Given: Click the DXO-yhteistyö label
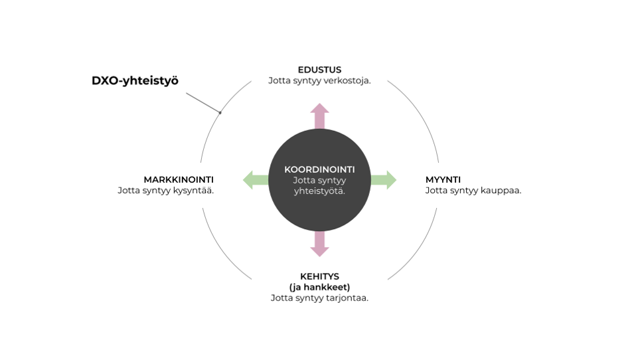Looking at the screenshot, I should [x=135, y=80].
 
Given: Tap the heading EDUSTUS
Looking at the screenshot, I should [x=319, y=70].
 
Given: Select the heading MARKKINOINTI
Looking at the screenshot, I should [x=179, y=179].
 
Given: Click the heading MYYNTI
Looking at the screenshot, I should [x=443, y=179].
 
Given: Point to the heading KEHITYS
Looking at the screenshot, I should [x=319, y=276].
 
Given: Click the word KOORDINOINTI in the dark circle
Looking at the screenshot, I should [x=319, y=169].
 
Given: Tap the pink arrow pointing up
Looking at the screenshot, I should [x=320, y=115].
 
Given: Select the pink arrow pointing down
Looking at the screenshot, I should [x=320, y=245].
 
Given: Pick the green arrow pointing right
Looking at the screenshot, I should [x=385, y=179].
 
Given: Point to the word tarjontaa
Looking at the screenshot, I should [x=347, y=298].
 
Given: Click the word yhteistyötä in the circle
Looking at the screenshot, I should [x=319, y=191].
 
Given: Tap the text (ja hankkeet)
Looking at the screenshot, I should [x=319, y=287].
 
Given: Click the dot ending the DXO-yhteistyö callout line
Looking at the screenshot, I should [x=220, y=112].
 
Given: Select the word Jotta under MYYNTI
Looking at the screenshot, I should [x=436, y=191].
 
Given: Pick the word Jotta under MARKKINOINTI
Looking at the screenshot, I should [x=129, y=191].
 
